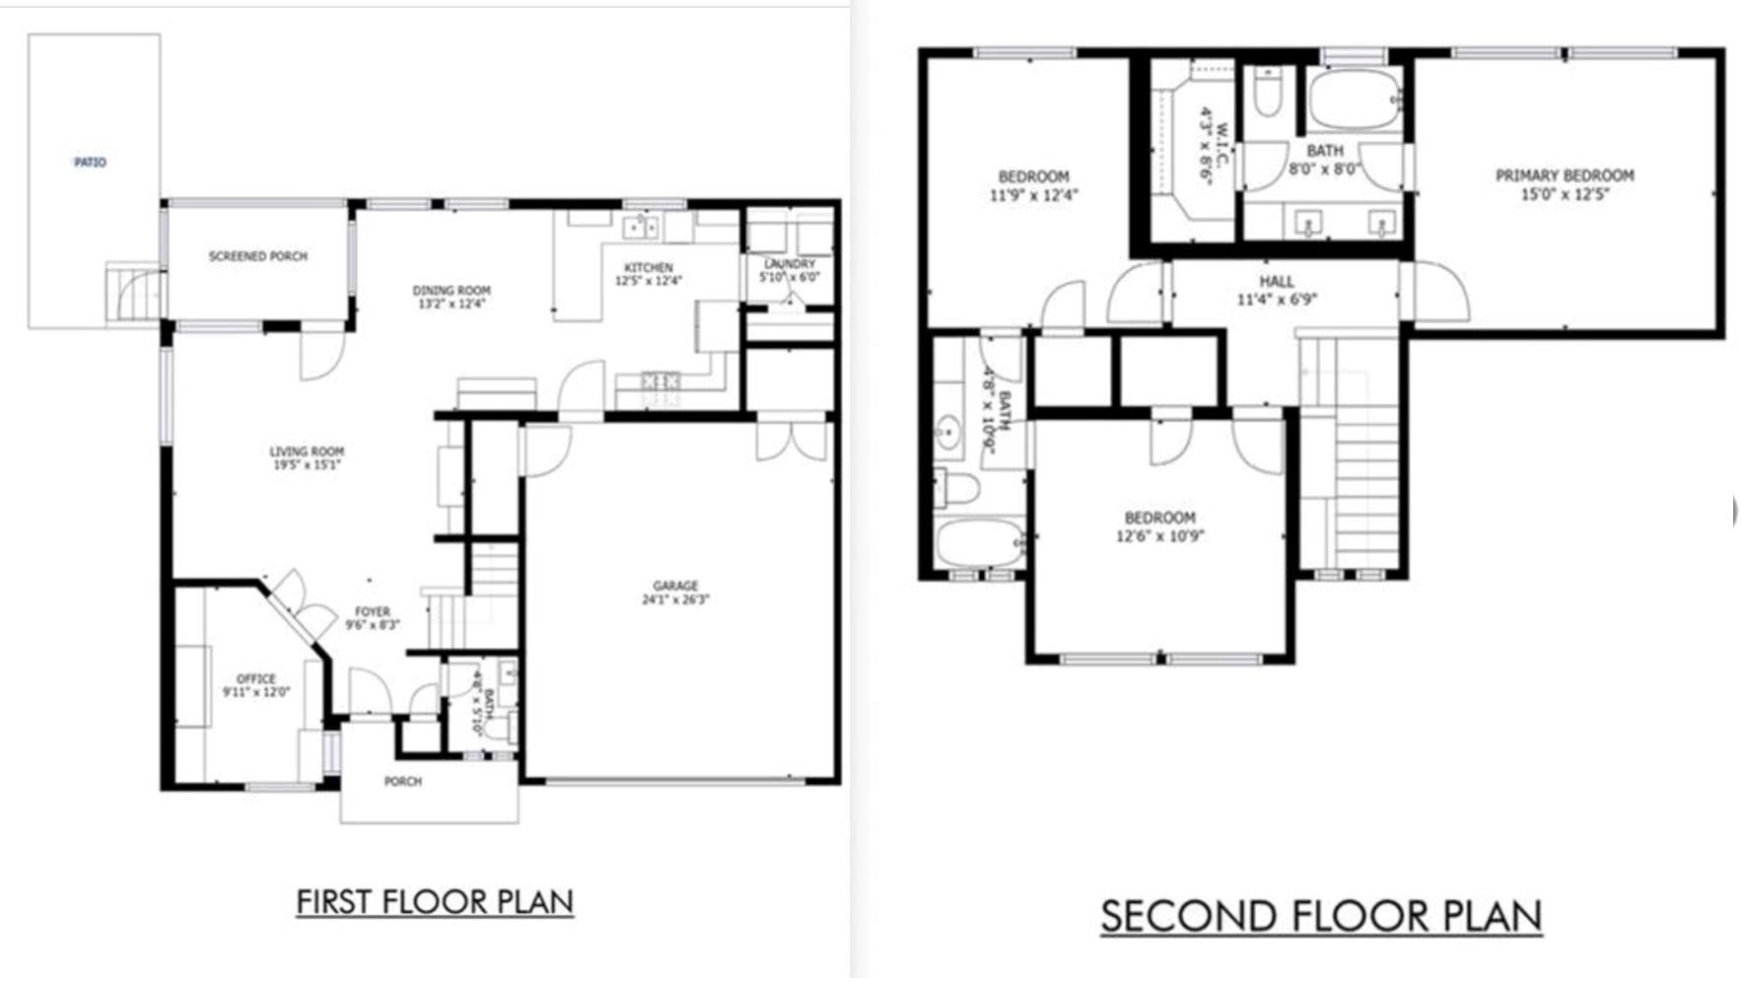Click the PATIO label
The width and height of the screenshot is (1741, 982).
[x=90, y=163]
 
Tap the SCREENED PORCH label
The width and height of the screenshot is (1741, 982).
[x=257, y=256]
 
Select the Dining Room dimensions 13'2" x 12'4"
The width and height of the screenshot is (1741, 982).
[x=452, y=304]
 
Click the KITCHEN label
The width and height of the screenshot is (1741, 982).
[x=649, y=267]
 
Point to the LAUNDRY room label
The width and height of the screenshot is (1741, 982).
[x=789, y=264]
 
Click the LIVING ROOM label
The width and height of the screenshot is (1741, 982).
[x=307, y=452]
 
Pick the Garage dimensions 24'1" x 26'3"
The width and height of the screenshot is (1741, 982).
[x=675, y=598]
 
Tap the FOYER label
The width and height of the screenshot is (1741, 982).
[x=373, y=611]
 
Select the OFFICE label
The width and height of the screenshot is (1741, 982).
[x=256, y=678]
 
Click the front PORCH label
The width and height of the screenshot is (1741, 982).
[x=402, y=782]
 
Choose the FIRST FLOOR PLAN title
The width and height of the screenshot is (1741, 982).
[x=435, y=902]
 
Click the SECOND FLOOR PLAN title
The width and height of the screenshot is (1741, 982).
[x=1321, y=916]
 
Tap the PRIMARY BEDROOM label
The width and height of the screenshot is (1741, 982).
[x=1565, y=175]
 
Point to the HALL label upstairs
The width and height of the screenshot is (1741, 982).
[x=1277, y=282]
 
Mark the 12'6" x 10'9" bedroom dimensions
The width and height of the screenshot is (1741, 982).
[x=1159, y=536]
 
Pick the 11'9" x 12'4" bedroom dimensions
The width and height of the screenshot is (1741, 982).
[x=1033, y=195]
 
